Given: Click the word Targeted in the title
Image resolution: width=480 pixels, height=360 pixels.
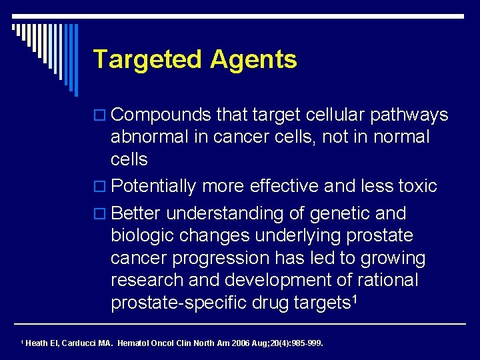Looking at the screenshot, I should pyautogui.click(x=148, y=60).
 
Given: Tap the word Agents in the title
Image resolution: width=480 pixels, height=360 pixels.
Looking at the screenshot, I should pyautogui.click(x=253, y=60).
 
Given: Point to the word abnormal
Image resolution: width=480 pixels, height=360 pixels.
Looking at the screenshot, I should pyautogui.click(x=151, y=137).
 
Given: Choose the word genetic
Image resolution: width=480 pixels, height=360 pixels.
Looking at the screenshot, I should pyautogui.click(x=338, y=213).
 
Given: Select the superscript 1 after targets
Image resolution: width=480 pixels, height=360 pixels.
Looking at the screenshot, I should pyautogui.click(x=355, y=300).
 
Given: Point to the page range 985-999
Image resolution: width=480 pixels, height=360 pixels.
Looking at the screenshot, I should pyautogui.click(x=305, y=344).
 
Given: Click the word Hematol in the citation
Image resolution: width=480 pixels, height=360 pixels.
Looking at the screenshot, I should pyautogui.click(x=136, y=344).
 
